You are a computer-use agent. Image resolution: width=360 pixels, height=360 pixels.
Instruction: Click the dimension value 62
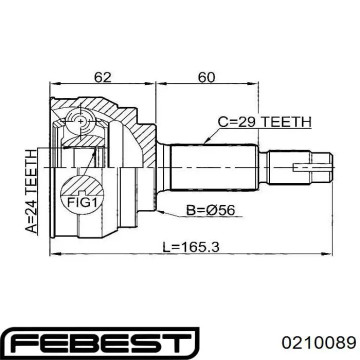point(102,77)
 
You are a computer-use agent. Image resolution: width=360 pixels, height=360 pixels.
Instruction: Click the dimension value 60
point(206,77)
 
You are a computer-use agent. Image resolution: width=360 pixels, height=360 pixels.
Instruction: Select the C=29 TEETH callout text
point(264,121)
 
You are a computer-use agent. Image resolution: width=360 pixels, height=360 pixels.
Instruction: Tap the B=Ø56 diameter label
point(210,209)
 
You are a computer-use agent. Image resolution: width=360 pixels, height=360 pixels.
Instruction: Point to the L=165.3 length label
point(191,247)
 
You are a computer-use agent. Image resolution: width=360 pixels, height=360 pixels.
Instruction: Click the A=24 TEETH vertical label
point(31,191)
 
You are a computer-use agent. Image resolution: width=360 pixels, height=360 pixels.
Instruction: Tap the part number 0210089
point(319,342)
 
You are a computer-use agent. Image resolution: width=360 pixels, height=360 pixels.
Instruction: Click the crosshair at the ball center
point(81,121)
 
